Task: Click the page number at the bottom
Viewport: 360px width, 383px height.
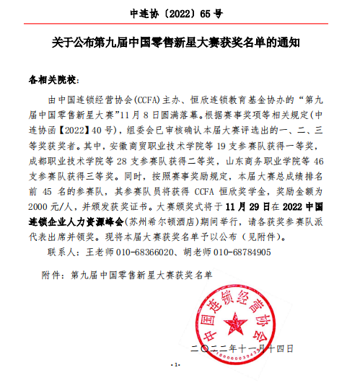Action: (174, 365)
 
